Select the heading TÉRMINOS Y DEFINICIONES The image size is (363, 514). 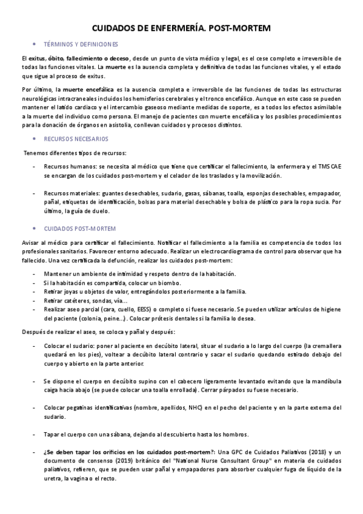point(78,45)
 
